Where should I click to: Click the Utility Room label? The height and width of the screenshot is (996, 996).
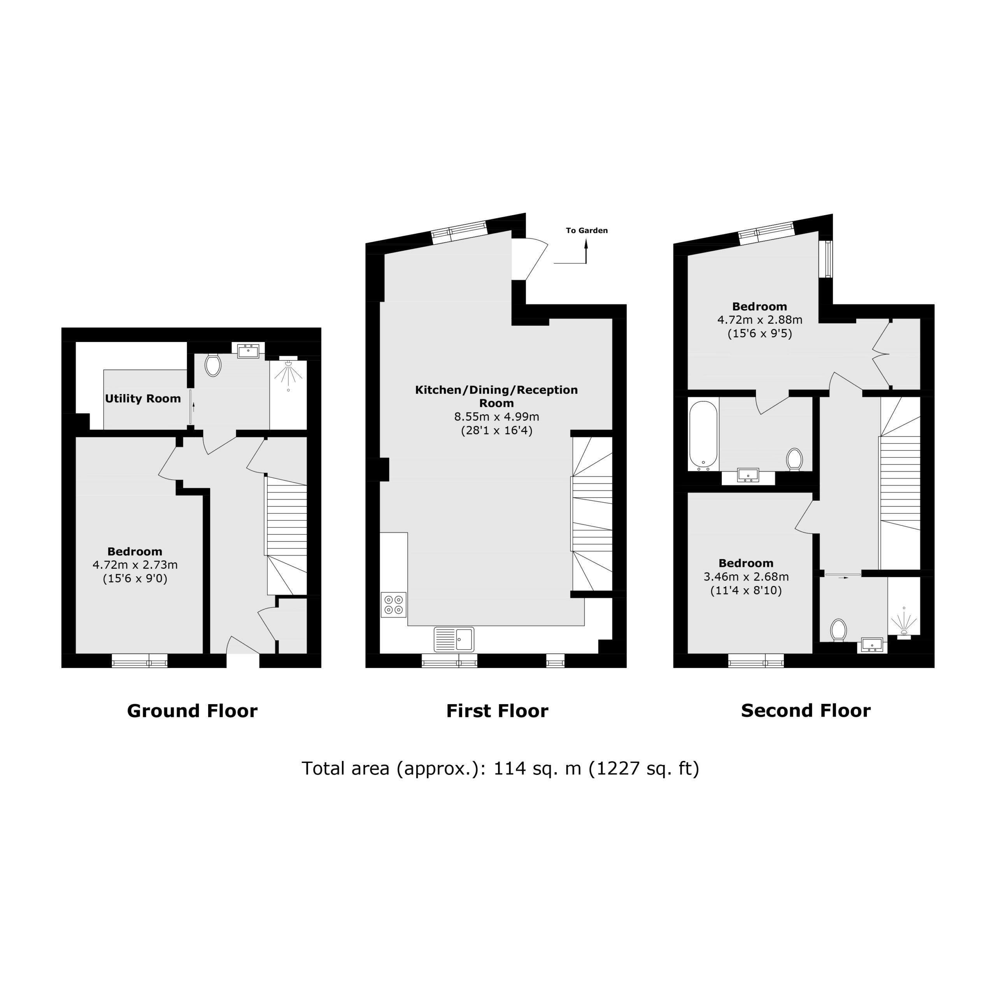[x=143, y=398]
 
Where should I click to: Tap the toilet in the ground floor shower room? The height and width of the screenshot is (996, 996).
[x=213, y=365]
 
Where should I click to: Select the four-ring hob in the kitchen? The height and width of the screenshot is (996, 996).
[x=394, y=605]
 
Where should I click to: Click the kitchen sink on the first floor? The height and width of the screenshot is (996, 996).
[x=454, y=639]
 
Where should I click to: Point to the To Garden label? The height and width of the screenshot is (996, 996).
[x=587, y=230]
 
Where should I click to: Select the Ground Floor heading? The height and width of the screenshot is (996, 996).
[x=192, y=711]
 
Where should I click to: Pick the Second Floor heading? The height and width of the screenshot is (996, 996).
[x=806, y=710]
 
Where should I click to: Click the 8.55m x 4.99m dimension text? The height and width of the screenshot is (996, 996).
[x=496, y=417]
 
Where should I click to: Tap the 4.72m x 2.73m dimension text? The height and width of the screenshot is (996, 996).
[x=135, y=565]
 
